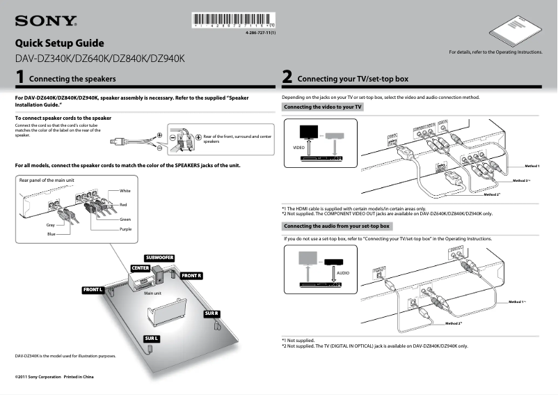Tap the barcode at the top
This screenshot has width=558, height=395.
click(232, 22)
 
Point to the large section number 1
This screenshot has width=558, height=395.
click(22, 77)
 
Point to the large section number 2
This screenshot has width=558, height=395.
click(287, 77)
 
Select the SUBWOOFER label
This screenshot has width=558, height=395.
click(159, 258)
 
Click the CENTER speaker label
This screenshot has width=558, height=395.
click(141, 268)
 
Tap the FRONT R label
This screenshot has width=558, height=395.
click(191, 276)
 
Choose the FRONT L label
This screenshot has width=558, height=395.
click(93, 289)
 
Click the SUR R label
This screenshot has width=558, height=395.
click(212, 313)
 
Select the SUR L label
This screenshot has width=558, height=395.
click(152, 338)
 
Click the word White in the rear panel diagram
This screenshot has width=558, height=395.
click(125, 190)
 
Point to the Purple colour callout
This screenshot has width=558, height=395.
click(125, 229)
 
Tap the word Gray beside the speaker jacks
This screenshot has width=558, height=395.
click(50, 225)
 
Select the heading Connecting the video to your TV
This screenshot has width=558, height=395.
click(323, 107)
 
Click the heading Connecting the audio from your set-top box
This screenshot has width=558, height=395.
click(337, 226)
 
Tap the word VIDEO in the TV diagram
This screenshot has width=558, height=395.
click(298, 148)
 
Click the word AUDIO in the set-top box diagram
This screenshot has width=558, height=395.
click(342, 272)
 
